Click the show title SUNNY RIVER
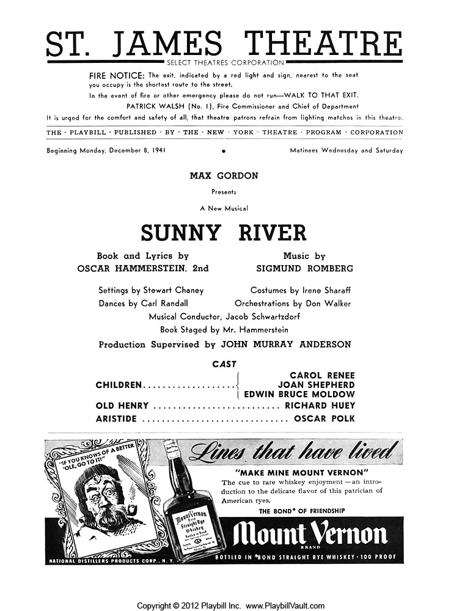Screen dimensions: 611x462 224,233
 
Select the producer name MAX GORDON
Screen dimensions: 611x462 224,176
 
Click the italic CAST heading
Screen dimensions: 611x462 224,364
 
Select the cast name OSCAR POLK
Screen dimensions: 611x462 324,419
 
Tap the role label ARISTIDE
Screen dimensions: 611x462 117,419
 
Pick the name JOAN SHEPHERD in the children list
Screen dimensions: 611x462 316,385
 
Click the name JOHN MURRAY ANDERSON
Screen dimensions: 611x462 292,345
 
